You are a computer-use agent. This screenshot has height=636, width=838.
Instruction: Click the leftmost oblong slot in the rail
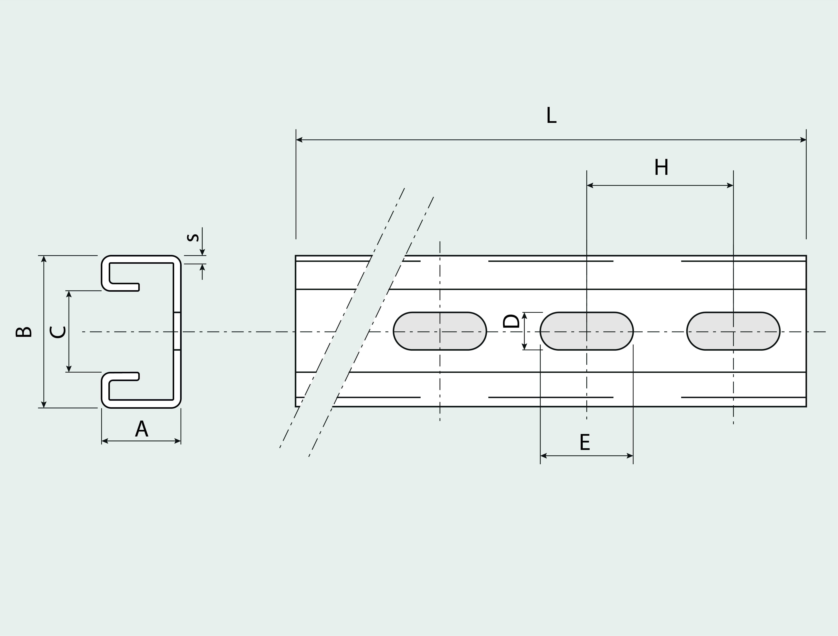(x=440, y=331)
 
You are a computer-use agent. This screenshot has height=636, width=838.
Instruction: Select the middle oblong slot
(x=586, y=331)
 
